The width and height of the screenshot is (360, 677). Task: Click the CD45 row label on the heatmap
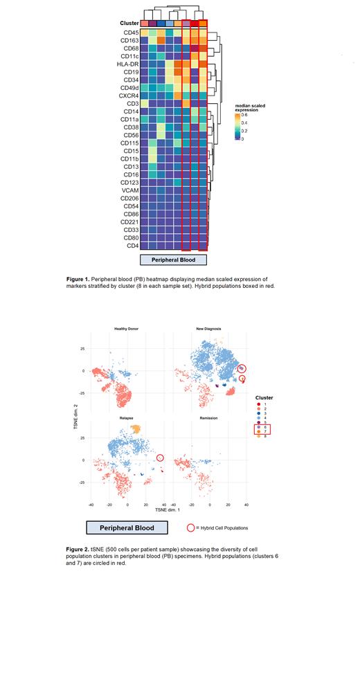click(130, 33)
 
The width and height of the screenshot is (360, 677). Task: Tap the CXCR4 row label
click(128, 95)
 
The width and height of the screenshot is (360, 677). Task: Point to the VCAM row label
click(129, 190)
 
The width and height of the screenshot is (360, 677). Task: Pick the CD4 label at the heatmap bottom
click(132, 245)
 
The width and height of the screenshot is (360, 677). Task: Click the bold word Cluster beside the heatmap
click(127, 24)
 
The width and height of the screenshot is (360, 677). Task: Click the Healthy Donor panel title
click(128, 328)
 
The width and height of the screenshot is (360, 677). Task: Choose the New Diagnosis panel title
click(208, 328)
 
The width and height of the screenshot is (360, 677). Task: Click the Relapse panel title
click(127, 419)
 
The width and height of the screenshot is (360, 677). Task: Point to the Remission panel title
click(208, 419)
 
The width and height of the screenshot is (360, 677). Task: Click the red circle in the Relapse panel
click(161, 457)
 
